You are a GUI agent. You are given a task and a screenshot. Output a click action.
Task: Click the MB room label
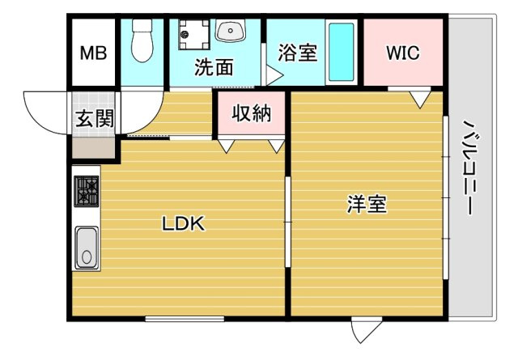pyautogui.click(x=94, y=53)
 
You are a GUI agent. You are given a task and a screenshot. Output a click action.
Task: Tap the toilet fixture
pyautogui.click(x=142, y=40)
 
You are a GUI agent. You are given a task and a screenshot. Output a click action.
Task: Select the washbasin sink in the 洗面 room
pyautogui.click(x=231, y=30)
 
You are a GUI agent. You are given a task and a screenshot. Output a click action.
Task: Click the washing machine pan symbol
pyautogui.click(x=194, y=34)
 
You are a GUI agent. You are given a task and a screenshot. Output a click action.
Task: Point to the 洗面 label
pyautogui.click(x=214, y=67)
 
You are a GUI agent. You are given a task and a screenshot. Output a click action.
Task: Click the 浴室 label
pyautogui.click(x=298, y=53)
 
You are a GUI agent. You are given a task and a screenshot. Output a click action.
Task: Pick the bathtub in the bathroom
pyautogui.click(x=342, y=52)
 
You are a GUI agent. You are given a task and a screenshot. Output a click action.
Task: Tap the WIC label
pyautogui.click(x=403, y=53)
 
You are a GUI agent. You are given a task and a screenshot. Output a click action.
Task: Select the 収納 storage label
pyautogui.click(x=252, y=113)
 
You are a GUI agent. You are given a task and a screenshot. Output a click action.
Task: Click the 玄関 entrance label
pyautogui.click(x=95, y=119)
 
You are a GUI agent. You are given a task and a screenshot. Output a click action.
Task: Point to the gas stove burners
pyautogui.click(x=87, y=191)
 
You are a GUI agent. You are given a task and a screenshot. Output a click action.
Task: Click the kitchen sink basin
pyautogui.click(x=87, y=248)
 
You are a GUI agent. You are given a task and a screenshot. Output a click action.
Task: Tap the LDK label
pyautogui.click(x=184, y=223)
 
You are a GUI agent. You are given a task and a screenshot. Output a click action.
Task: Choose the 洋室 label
pyautogui.click(x=367, y=205)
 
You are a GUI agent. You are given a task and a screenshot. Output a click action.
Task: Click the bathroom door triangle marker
pyautogui.click(x=274, y=75)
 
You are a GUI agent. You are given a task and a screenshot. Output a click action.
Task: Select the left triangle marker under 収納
pyautogui.click(x=227, y=146)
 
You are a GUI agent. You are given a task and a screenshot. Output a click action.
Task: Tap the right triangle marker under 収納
pyautogui.click(x=277, y=146)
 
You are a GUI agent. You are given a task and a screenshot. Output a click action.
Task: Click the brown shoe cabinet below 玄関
pyautogui.click(x=94, y=147)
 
